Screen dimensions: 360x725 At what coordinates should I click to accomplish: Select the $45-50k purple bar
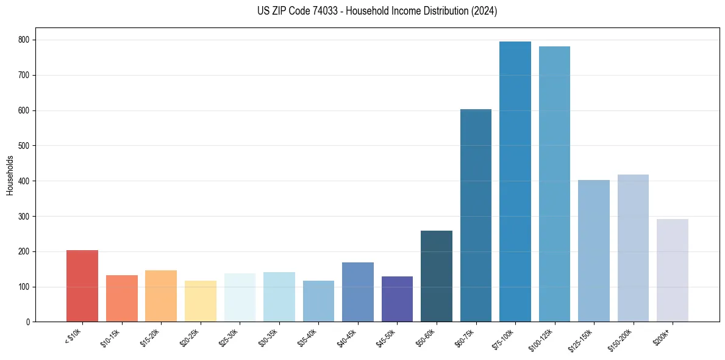[x=397, y=299]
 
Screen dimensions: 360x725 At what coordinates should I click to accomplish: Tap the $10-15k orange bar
[x=122, y=298]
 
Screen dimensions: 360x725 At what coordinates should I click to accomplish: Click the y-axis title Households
[x=10, y=175]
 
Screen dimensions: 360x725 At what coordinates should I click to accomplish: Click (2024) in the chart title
[x=484, y=11]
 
